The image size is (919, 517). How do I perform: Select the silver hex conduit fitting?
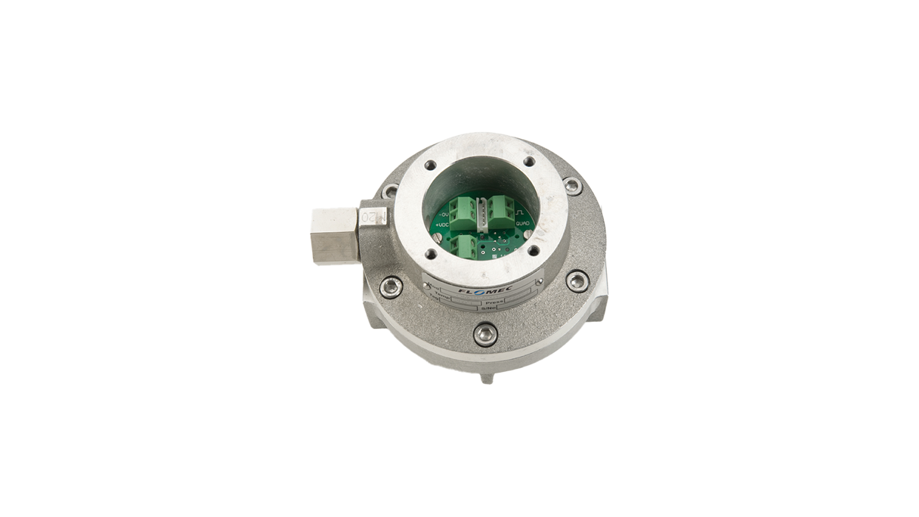coord(333,234)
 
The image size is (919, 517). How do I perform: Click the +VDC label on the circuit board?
coord(444,224)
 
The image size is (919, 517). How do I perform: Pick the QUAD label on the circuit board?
coord(523,224)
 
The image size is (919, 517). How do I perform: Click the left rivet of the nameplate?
coord(427,286)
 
